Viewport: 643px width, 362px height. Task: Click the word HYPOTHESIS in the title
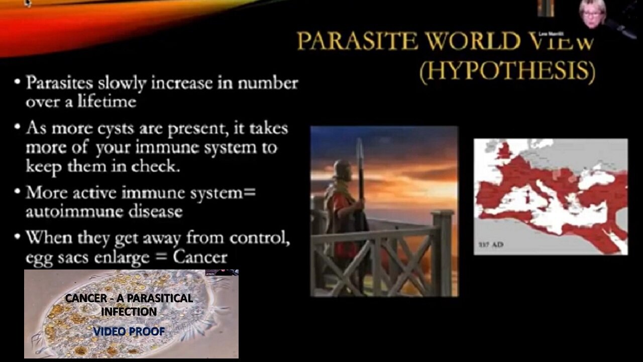click(x=507, y=72)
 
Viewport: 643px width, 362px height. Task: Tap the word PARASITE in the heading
click(x=357, y=41)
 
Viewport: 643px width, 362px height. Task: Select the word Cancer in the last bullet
click(x=200, y=257)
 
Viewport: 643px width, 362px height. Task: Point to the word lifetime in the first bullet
click(x=106, y=102)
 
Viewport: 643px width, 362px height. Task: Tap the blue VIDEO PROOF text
click(x=129, y=331)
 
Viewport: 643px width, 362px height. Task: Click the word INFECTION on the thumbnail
click(x=129, y=312)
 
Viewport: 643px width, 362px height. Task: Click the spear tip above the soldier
click(x=359, y=148)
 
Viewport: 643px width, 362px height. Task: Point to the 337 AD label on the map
click(x=490, y=245)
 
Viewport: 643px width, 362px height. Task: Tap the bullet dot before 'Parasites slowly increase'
click(x=18, y=82)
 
